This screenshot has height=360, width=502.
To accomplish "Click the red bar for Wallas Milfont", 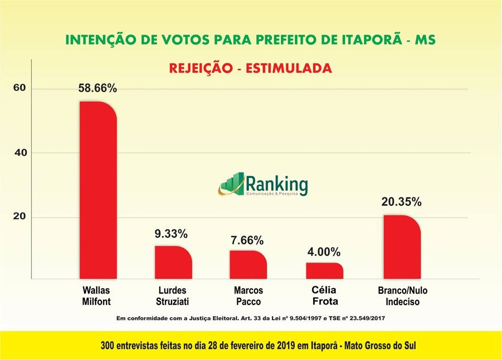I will click(98, 189).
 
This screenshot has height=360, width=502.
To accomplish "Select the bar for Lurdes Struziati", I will click(173, 262).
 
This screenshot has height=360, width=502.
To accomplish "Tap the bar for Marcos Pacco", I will click(248, 265).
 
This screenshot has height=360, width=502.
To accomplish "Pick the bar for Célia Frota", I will click(325, 271).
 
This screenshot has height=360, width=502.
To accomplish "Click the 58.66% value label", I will click(98, 89).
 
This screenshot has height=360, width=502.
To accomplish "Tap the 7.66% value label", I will click(247, 241).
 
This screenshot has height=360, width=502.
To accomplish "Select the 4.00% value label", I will click(323, 252).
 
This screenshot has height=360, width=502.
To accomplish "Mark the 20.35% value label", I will click(402, 203).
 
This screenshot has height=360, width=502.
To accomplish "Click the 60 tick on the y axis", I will click(19, 88).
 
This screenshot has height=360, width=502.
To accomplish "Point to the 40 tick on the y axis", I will click(19, 153).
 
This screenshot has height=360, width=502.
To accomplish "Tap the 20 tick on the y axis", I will click(19, 217).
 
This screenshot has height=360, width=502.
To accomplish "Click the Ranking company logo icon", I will click(232, 185).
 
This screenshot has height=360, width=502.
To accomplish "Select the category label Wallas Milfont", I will click(97, 296).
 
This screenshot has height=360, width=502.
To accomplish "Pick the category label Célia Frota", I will click(325, 296).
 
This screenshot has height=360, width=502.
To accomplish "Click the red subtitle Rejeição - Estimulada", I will click(250, 68).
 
